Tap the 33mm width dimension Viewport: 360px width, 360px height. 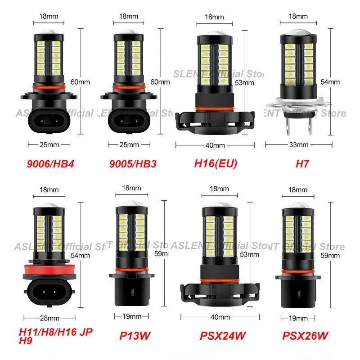click(x=299, y=145)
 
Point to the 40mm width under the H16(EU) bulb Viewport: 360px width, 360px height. click(x=215, y=145)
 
